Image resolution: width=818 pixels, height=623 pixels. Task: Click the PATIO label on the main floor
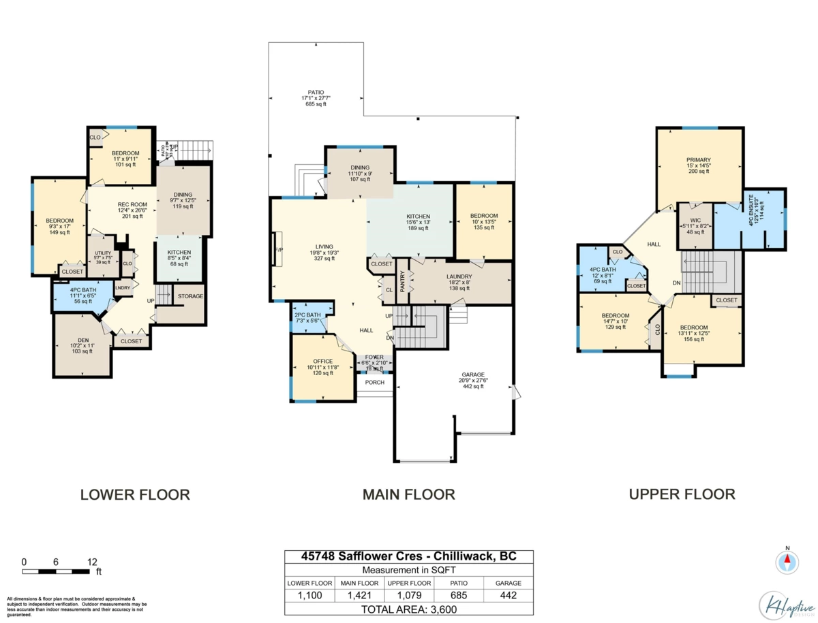point(315,92)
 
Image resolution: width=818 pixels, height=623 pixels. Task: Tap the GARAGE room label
point(472,375)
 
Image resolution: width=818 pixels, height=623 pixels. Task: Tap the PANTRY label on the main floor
point(402,281)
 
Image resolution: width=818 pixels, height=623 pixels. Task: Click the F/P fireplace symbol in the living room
point(277,250)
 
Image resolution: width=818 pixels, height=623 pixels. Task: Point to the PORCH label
point(375,383)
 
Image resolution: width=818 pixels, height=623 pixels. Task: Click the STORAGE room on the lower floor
point(190,297)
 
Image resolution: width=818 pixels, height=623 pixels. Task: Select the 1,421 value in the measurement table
point(359,595)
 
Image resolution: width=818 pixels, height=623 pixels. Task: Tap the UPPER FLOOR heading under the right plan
point(682,494)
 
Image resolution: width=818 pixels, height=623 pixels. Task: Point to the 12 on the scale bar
point(91,562)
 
